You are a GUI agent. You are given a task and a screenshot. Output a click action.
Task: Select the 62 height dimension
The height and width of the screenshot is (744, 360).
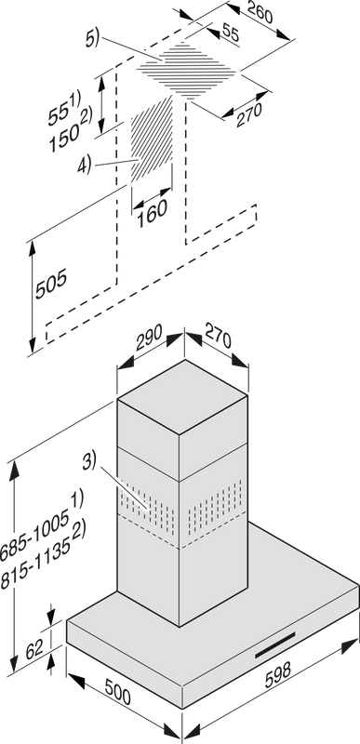(x=34, y=648)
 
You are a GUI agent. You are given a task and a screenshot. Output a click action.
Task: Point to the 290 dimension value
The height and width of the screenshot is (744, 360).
(x=149, y=336)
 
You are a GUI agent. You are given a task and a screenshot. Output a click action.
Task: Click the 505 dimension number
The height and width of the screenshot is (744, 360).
(x=51, y=284)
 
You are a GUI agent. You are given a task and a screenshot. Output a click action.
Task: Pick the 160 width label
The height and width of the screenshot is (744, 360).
(x=152, y=214)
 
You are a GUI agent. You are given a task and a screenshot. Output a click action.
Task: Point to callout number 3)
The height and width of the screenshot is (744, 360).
(x=88, y=461)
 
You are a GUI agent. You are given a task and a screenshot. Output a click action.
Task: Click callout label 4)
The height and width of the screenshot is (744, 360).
(x=84, y=166)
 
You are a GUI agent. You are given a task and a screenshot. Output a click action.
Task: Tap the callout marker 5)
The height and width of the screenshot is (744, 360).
(x=92, y=39)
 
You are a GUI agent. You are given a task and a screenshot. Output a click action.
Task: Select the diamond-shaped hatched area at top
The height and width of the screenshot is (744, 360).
(x=186, y=71)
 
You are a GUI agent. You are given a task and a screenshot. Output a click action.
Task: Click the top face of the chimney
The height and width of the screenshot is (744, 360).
(x=182, y=397)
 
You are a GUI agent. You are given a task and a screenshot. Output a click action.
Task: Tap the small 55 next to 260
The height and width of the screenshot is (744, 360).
(x=230, y=34)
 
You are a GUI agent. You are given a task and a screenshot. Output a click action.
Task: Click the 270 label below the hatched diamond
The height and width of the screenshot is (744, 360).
(x=249, y=114)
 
